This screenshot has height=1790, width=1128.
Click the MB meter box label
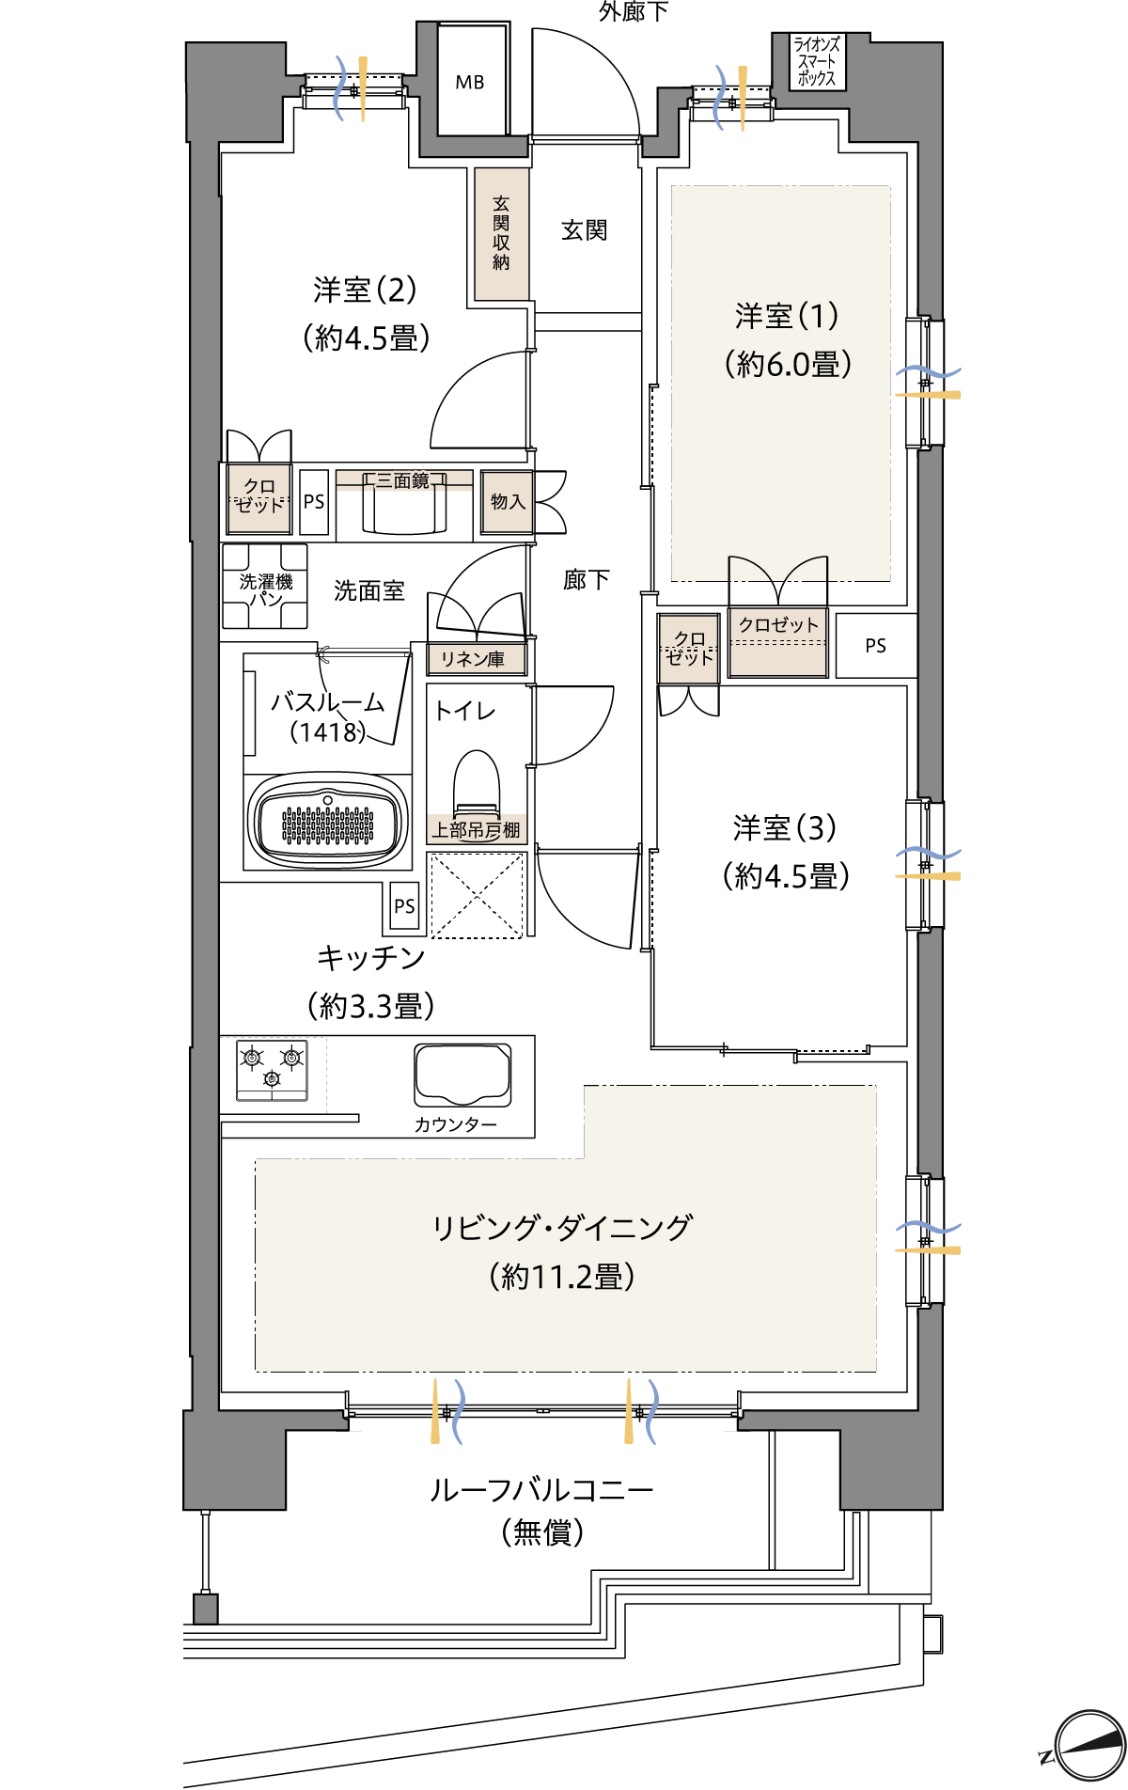tap(470, 83)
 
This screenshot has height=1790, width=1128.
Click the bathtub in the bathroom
tap(328, 822)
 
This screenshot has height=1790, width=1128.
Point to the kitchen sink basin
tap(463, 1074)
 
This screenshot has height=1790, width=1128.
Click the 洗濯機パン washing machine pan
tap(265, 587)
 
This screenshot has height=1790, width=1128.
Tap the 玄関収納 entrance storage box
tap(501, 233)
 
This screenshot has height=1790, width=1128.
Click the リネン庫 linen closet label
tap(473, 659)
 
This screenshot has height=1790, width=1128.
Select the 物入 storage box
tap(508, 502)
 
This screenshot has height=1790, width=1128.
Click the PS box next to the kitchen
tap(404, 906)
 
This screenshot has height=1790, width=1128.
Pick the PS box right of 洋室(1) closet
tap(875, 646)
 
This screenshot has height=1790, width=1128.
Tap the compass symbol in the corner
tap(1089, 1747)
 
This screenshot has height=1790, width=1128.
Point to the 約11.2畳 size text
tap(562, 1277)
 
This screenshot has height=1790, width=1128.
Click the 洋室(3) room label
tap(785, 828)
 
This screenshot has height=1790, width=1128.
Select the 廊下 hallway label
tap(586, 580)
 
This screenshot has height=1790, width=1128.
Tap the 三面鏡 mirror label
tap(403, 481)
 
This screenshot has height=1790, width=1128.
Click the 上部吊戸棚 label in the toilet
tap(477, 830)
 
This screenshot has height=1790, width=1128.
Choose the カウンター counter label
tap(455, 1124)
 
